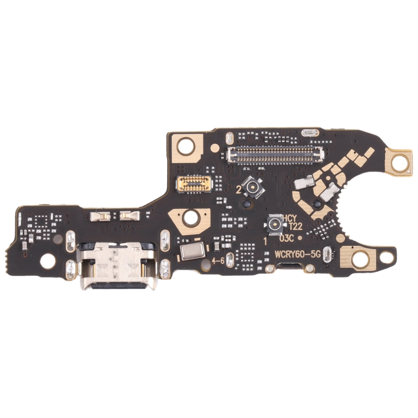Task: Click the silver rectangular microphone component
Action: click(x=190, y=251)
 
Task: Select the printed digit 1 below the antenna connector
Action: click(x=265, y=242)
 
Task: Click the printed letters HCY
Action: click(x=290, y=218)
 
